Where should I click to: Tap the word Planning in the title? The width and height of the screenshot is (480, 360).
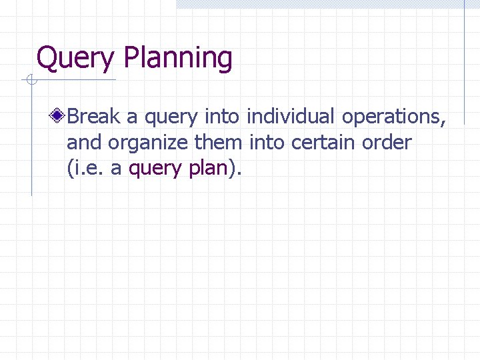click(x=178, y=59)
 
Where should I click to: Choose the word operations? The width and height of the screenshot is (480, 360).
click(x=393, y=117)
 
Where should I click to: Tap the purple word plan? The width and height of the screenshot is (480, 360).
click(x=208, y=168)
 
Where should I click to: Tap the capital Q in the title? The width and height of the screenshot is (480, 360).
click(x=47, y=59)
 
